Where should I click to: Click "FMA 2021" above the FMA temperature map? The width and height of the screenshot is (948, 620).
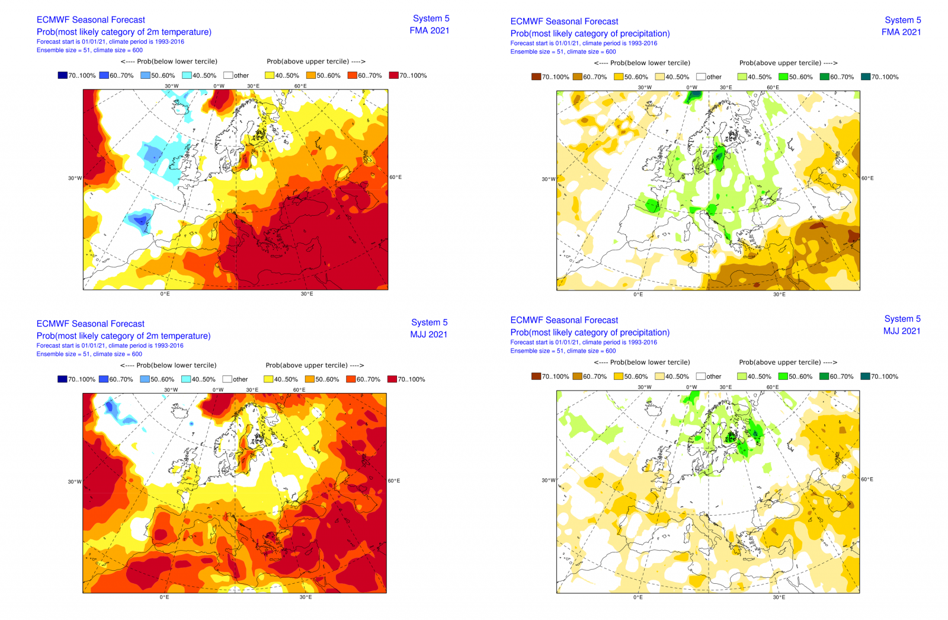pos(429,30)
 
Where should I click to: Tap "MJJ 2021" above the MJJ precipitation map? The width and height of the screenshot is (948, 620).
pos(901,331)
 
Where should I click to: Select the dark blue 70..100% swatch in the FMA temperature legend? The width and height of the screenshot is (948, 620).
pos(62,75)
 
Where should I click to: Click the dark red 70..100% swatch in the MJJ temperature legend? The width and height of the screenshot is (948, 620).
pos(392,379)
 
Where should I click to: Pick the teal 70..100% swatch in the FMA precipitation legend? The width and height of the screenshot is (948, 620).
pos(865,77)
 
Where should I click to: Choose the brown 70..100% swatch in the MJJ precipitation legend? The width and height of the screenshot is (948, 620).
pos(536,376)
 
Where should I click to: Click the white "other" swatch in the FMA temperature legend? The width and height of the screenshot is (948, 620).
pos(228,75)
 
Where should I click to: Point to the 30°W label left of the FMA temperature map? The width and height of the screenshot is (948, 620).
pos(75,178)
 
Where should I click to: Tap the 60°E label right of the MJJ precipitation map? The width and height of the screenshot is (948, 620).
pos(867,479)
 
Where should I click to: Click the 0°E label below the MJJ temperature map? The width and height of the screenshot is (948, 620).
pos(164,597)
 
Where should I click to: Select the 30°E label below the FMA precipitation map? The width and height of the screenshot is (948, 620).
pos(779,295)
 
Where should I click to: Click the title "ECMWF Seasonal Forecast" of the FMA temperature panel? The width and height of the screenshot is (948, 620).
pos(91,20)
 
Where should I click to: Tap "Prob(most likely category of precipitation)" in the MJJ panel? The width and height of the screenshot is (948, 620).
pos(590,333)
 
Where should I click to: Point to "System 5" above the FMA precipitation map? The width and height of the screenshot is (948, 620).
pos(902,20)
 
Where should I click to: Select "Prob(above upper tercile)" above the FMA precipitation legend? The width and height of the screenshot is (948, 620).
pos(788,63)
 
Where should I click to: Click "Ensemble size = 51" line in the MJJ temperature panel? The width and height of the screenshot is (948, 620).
pos(89,354)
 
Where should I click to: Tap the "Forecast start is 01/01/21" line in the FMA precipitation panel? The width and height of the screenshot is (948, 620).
pos(584,43)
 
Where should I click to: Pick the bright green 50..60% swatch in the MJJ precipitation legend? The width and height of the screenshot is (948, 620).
pos(783,376)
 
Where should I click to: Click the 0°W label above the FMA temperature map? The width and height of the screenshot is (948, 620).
pos(219,86)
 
